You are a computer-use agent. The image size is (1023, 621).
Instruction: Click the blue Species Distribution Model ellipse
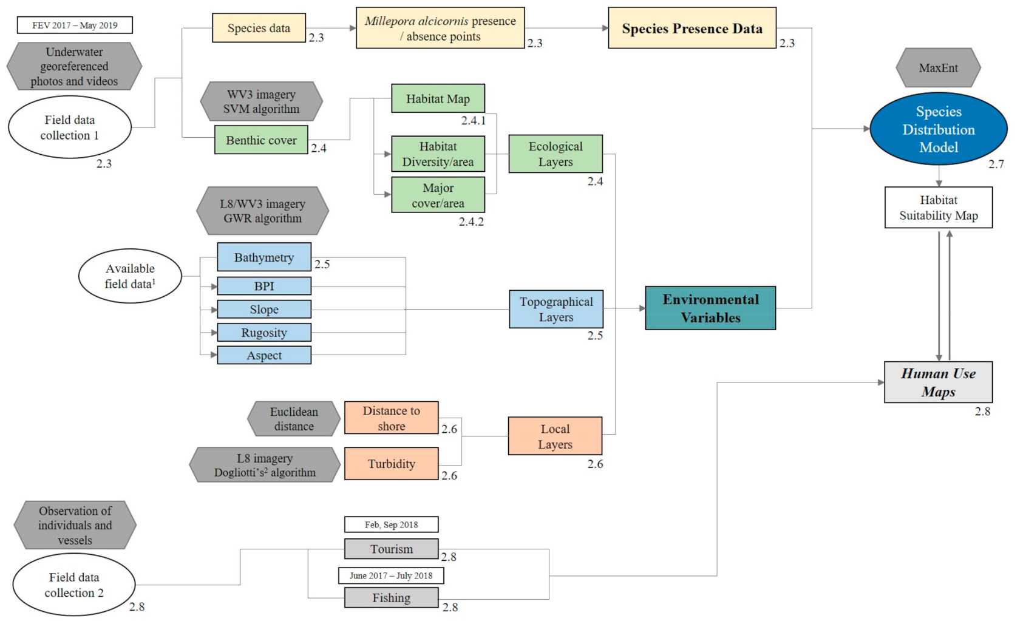[938, 129]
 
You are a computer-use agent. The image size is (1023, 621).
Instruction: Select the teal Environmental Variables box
[710, 308]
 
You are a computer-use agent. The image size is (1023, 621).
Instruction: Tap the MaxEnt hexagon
[938, 68]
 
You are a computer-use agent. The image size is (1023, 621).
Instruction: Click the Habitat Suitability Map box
[938, 208]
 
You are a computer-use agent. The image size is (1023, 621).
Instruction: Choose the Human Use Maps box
[938, 382]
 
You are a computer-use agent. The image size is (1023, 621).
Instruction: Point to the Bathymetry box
[264, 257]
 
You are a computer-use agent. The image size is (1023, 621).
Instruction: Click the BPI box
[264, 286]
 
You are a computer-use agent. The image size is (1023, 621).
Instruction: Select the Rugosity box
[264, 333]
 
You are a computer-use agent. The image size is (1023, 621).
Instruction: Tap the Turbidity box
[391, 464]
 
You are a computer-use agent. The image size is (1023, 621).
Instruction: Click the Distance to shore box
[391, 418]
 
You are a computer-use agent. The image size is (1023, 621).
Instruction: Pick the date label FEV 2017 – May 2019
[75, 25]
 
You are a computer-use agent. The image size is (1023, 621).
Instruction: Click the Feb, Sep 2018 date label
[391, 524]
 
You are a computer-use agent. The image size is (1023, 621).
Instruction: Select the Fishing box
[391, 598]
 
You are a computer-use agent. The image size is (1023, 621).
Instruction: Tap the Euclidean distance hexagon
[294, 419]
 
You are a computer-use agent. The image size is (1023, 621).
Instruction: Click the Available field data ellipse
[130, 276]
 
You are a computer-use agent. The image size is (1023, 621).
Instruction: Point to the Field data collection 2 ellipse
[74, 585]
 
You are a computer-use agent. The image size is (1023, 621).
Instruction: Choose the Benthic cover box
[261, 140]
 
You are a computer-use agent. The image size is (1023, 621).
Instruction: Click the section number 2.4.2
[471, 222]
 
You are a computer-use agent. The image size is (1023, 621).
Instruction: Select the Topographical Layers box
[556, 310]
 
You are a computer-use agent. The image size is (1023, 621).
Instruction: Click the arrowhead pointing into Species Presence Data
[605, 28]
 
